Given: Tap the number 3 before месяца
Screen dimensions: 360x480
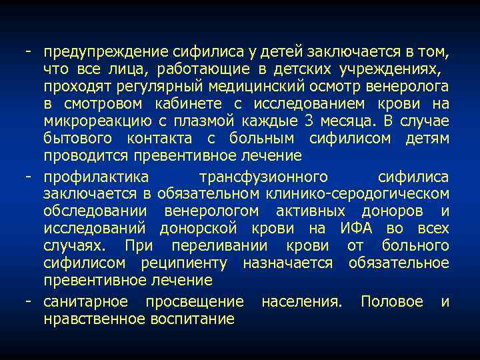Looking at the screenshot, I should pos(308,121).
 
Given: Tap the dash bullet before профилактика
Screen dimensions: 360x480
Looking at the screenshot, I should pos(30,177).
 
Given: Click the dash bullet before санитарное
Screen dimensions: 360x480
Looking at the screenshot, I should pos(30,301).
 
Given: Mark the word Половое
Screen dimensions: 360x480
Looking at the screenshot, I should pos(392,301).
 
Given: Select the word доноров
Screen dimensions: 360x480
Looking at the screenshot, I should pos(397,211).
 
